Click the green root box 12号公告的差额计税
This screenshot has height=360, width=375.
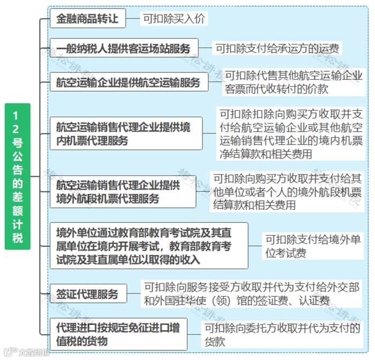click(18, 176)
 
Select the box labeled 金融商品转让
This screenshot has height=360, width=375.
click(88, 19)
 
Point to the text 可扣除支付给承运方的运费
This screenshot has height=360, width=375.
click(277, 48)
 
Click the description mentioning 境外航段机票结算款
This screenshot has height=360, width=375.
click(287, 191)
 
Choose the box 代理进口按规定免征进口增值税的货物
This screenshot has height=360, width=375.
click(118, 333)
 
